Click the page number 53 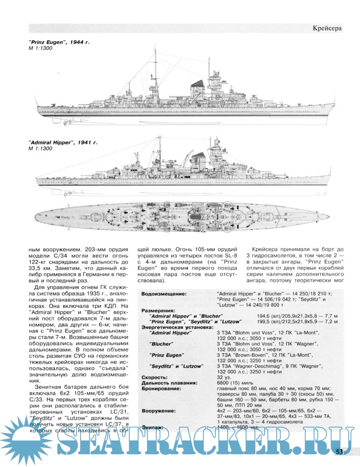[x=342, y=452]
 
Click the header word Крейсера [x=327, y=28]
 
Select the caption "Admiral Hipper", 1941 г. [x=63, y=142]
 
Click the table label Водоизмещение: [x=164, y=293]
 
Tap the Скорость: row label [x=155, y=377]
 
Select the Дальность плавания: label [x=170, y=383]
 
